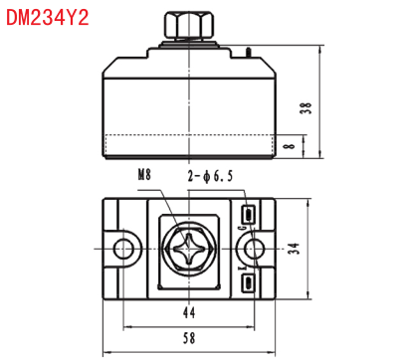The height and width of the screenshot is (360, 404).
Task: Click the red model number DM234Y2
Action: click(48, 18)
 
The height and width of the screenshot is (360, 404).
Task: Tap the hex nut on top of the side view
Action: click(189, 25)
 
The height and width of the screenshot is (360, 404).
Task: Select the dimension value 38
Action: click(306, 107)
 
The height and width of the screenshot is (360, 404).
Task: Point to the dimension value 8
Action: click(291, 145)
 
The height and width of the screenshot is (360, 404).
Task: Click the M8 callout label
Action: click(144, 175)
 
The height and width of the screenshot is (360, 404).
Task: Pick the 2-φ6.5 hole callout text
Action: click(210, 176)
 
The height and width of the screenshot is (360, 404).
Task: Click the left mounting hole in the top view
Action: click(124, 249)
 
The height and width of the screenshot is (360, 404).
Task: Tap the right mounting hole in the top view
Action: click(255, 249)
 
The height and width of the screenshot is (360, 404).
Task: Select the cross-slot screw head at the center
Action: click(188, 249)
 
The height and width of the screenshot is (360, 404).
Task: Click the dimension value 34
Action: click(294, 249)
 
